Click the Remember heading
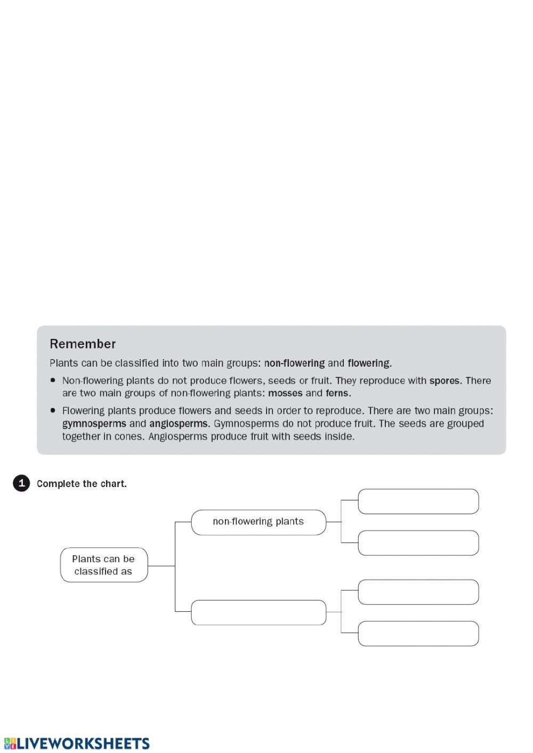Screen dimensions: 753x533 pyautogui.click(x=83, y=344)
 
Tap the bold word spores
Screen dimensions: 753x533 pyautogui.click(x=444, y=380)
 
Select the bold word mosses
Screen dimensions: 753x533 pyautogui.click(x=285, y=393)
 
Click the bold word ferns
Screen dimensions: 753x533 pyautogui.click(x=337, y=393)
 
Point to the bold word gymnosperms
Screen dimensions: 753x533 pyautogui.click(x=94, y=424)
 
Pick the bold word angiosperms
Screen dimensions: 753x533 pyautogui.click(x=179, y=424)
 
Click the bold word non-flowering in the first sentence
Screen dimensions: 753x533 pyautogui.click(x=294, y=363)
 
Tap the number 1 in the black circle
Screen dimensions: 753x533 pyautogui.click(x=21, y=483)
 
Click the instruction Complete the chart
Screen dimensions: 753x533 pyautogui.click(x=82, y=484)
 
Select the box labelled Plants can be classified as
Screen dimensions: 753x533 pyautogui.click(x=103, y=565)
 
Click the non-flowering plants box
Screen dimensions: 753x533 pyautogui.click(x=259, y=522)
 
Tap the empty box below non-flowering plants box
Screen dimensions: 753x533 pyautogui.click(x=259, y=612)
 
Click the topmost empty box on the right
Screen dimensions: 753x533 pyautogui.click(x=418, y=501)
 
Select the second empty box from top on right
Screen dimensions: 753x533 pyautogui.click(x=418, y=543)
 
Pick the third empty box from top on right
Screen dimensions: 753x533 pyautogui.click(x=418, y=592)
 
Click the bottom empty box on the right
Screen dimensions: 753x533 pyautogui.click(x=418, y=634)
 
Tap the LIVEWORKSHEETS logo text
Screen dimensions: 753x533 pyautogui.click(x=83, y=743)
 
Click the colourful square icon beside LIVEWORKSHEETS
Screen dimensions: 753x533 pyautogui.click(x=9, y=743)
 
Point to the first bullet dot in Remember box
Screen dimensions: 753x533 pyautogui.click(x=53, y=380)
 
